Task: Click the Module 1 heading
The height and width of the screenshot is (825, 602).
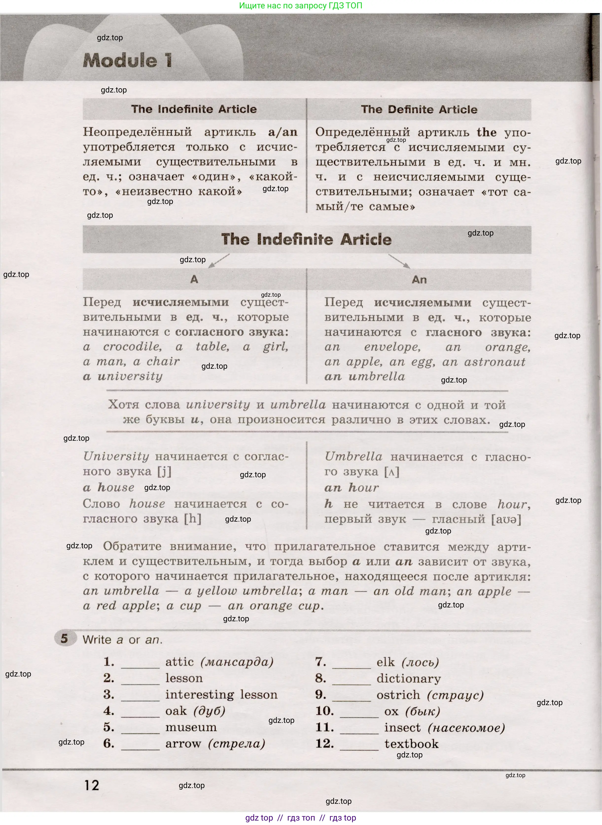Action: point(127,60)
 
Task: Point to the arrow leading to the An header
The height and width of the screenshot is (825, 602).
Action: point(399,261)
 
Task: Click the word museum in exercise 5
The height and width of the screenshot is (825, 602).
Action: point(191,727)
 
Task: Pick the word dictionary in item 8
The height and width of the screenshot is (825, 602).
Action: point(408,679)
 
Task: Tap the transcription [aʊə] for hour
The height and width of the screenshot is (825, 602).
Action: point(506,519)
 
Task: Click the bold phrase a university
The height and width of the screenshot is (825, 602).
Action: point(123,376)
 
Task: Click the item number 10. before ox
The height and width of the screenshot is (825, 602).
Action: point(324,711)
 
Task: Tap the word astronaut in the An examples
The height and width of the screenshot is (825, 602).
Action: point(495,362)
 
